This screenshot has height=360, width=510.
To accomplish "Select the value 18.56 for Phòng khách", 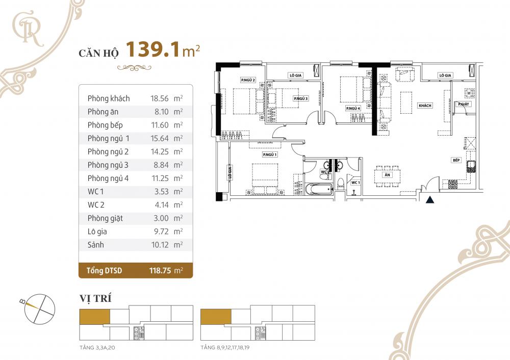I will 160,98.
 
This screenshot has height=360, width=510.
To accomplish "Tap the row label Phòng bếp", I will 105,125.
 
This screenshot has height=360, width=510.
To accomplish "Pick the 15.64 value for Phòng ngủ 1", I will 160,138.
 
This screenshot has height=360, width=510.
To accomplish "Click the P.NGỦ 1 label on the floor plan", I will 270,154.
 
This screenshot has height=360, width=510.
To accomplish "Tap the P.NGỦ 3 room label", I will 300,98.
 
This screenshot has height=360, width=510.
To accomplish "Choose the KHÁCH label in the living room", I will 425,106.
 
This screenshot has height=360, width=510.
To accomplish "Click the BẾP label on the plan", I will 456,160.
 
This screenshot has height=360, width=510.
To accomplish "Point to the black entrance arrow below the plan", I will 430,200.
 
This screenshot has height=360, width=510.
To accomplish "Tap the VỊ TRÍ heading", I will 95,298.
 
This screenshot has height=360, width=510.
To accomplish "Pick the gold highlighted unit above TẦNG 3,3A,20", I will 94,317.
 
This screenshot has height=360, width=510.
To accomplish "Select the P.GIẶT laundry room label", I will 463,105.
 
